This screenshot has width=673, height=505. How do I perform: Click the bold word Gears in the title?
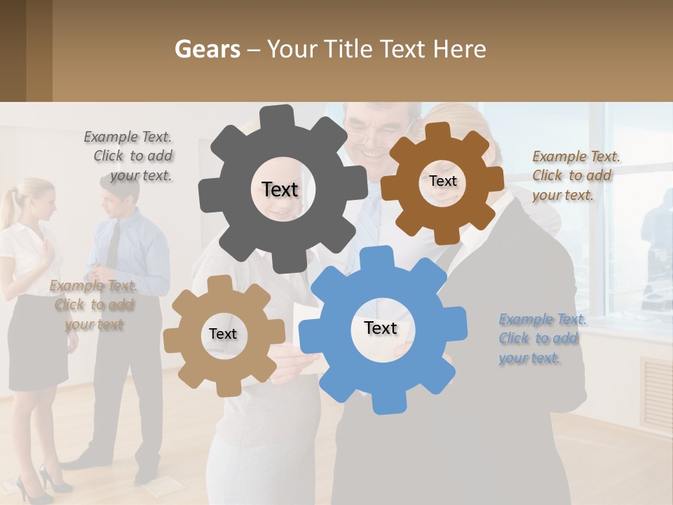tap(207, 49)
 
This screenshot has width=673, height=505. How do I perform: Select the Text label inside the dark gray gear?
tap(280, 189)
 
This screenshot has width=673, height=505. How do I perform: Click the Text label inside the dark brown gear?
tap(442, 181)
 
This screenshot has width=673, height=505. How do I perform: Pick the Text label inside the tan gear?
tap(223, 334)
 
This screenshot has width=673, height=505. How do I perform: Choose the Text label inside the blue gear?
tap(381, 328)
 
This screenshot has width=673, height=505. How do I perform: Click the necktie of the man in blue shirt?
tap(113, 245)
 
